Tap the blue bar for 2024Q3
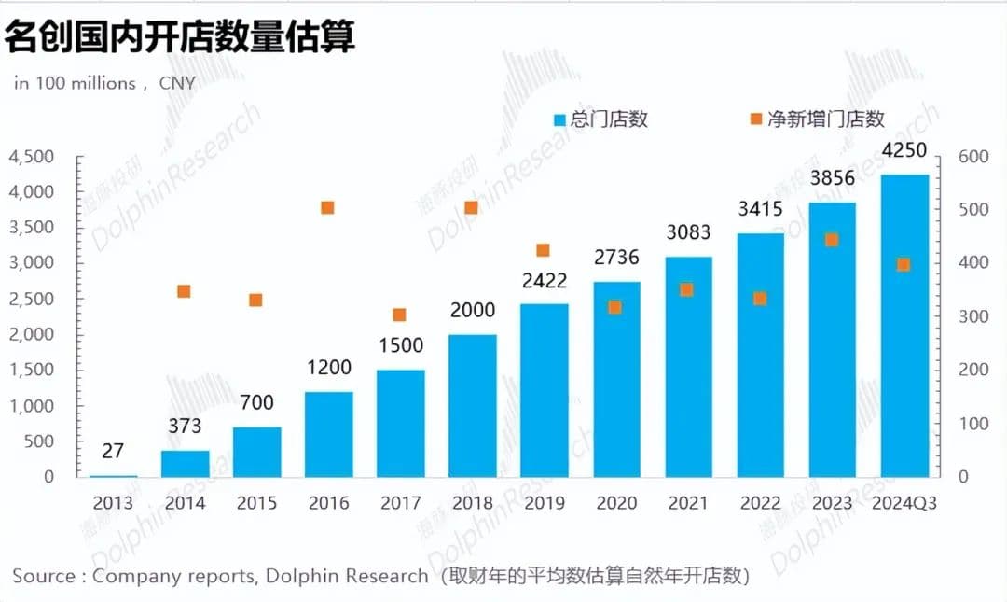click(904, 327)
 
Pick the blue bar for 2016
click(328, 434)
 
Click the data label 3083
click(688, 231)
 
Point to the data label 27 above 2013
click(113, 451)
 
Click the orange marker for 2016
click(327, 207)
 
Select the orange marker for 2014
click(184, 291)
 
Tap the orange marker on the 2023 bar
click(833, 240)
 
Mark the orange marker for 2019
click(544, 250)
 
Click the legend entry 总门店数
click(600, 119)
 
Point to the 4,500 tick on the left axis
click(31, 157)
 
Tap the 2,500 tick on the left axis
click(31, 299)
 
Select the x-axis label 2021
click(688, 504)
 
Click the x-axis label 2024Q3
click(904, 504)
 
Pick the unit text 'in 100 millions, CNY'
click(104, 83)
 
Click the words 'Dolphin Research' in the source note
click(347, 576)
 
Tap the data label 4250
click(904, 151)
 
